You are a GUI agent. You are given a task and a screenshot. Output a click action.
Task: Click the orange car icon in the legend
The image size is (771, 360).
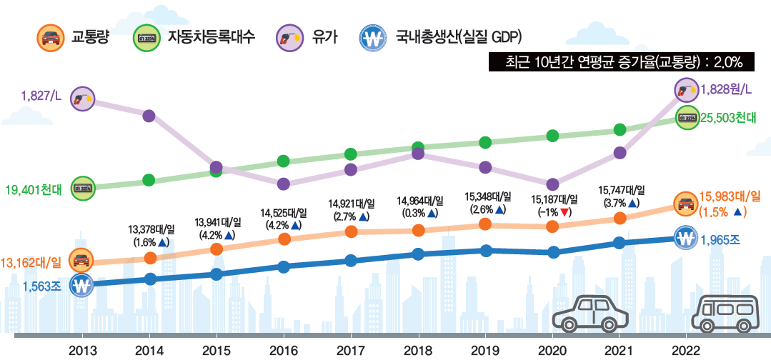pyautogui.click(x=49, y=37)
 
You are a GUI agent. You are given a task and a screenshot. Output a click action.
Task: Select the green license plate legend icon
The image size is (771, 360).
pyautogui.click(x=146, y=37)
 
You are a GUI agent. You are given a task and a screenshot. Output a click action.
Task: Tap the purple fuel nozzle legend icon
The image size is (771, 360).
pyautogui.click(x=289, y=37)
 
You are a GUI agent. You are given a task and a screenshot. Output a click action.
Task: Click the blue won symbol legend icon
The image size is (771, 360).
pyautogui.click(x=372, y=37)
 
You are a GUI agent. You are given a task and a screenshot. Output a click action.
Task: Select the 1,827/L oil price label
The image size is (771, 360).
pyautogui.click(x=41, y=95)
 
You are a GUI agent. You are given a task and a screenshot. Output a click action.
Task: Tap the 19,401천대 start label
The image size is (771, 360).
pyautogui.click(x=34, y=190)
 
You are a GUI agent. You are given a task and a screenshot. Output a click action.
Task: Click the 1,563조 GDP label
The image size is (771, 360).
pyautogui.click(x=41, y=286)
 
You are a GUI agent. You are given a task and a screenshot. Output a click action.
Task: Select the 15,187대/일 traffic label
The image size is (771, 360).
pyautogui.click(x=554, y=199)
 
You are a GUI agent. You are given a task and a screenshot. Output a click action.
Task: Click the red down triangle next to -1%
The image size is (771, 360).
pyautogui.click(x=565, y=212)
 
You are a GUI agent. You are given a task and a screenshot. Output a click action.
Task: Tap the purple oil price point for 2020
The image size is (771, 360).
pyautogui.click(x=552, y=184)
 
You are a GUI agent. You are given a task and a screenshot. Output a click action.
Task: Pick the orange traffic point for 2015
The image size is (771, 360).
pyautogui.click(x=217, y=248)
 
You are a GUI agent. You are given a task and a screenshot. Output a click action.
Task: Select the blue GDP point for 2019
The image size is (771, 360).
pyautogui.click(x=485, y=250)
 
